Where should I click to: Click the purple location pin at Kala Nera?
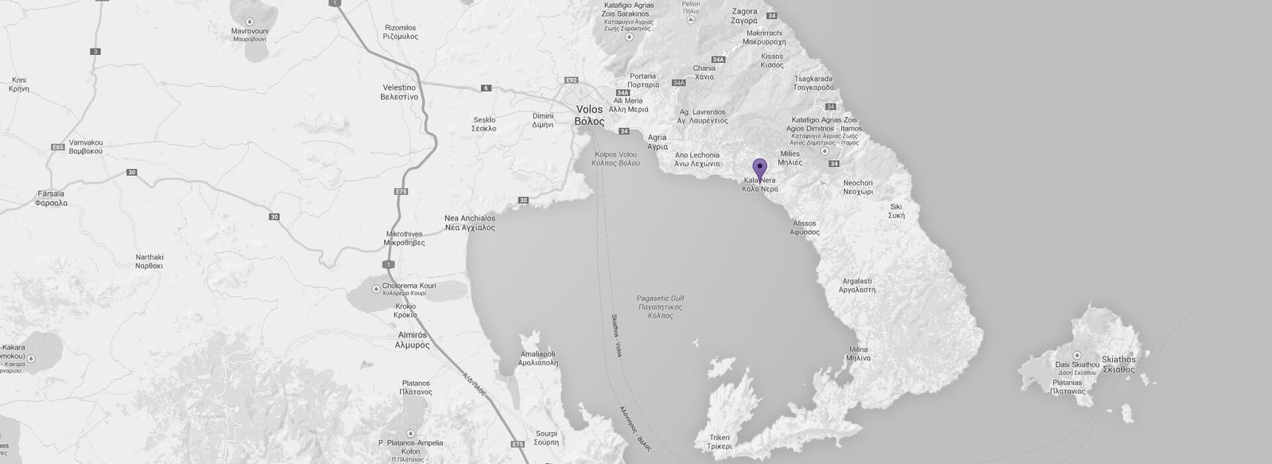(759, 168)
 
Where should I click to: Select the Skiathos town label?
(1119, 365)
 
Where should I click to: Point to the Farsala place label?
(51, 197)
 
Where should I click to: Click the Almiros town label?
(412, 340)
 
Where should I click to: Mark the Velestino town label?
(399, 91)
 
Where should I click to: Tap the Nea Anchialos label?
(470, 223)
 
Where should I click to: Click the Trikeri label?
(719, 442)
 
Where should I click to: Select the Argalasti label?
(857, 286)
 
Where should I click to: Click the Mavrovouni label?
(249, 34)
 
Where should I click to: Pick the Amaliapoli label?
(541, 357)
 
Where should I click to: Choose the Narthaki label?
(149, 262)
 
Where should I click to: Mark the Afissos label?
(805, 228)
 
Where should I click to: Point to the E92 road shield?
(570, 80)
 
